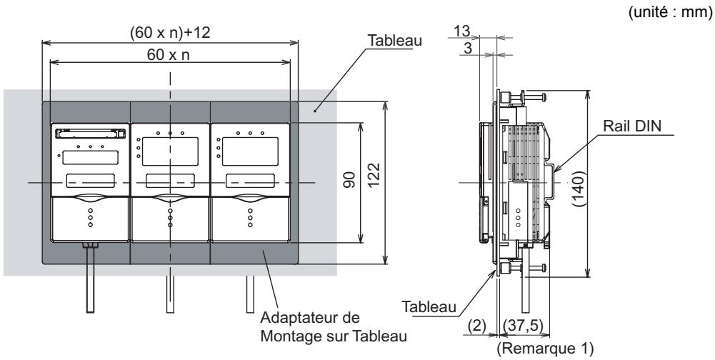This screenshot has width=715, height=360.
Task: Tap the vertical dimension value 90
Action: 350,182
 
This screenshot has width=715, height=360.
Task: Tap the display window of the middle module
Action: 170,151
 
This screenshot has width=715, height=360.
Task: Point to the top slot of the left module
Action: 90,132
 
